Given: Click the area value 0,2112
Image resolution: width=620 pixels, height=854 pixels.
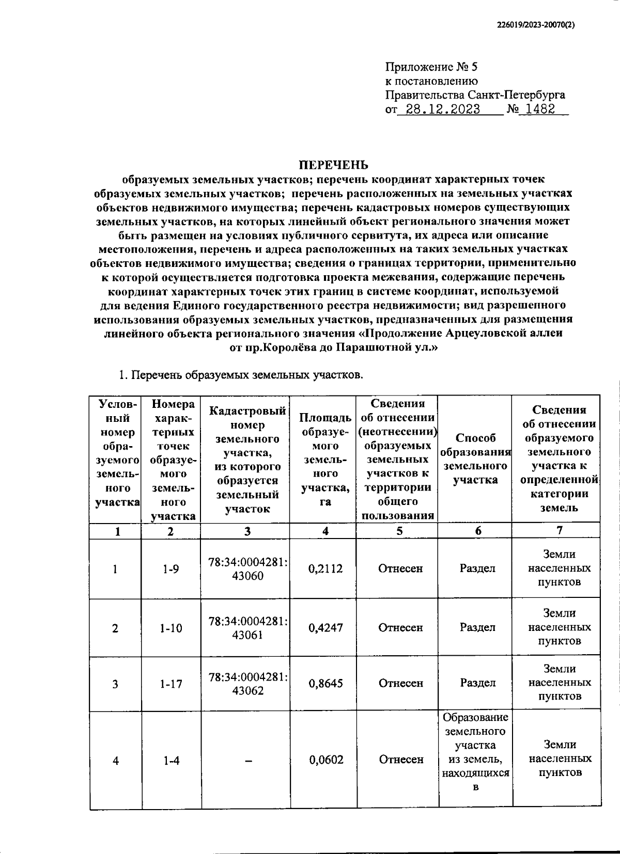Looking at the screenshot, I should pos(326,568).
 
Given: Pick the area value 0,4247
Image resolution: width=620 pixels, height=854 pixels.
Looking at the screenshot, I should pos(326,628).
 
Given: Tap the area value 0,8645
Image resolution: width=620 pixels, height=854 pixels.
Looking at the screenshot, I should pos(326,684).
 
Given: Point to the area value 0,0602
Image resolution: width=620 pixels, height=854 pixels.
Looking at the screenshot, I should pos(326,760).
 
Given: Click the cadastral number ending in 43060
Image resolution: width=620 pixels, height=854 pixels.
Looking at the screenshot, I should pos(247,569).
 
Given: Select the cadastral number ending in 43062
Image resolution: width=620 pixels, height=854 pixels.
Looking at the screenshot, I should pos(247,684).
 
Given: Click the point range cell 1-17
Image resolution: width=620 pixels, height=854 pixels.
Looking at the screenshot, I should pos(171,684).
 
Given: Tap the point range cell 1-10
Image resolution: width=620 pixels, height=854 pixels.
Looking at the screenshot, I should pos(171,628).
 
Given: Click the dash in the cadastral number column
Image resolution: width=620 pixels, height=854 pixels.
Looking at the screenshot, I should pos(247,760).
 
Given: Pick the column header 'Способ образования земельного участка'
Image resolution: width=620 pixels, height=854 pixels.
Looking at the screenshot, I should pos(475,458).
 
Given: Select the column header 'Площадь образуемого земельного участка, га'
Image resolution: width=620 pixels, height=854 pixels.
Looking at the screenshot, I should pos(326,458).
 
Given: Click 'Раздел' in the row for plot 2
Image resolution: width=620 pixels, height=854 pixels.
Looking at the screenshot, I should pos(477,628).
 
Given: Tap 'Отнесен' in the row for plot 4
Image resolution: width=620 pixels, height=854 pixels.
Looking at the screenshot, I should pos(401,760).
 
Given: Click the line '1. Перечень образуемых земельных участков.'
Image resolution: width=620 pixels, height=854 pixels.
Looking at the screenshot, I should pos(241,375).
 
